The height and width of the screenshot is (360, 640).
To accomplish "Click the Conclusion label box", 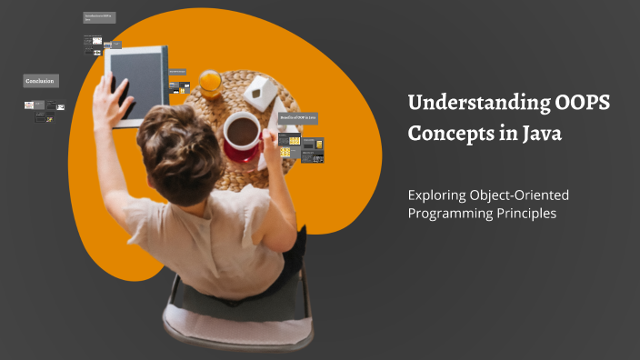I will click(40, 81).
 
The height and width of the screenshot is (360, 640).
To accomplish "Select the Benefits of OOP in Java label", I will click(298, 118).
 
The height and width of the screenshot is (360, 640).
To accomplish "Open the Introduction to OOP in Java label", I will click(98, 17).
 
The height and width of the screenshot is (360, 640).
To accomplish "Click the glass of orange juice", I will click(210, 83).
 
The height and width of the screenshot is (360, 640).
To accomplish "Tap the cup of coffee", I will click(242, 133).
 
